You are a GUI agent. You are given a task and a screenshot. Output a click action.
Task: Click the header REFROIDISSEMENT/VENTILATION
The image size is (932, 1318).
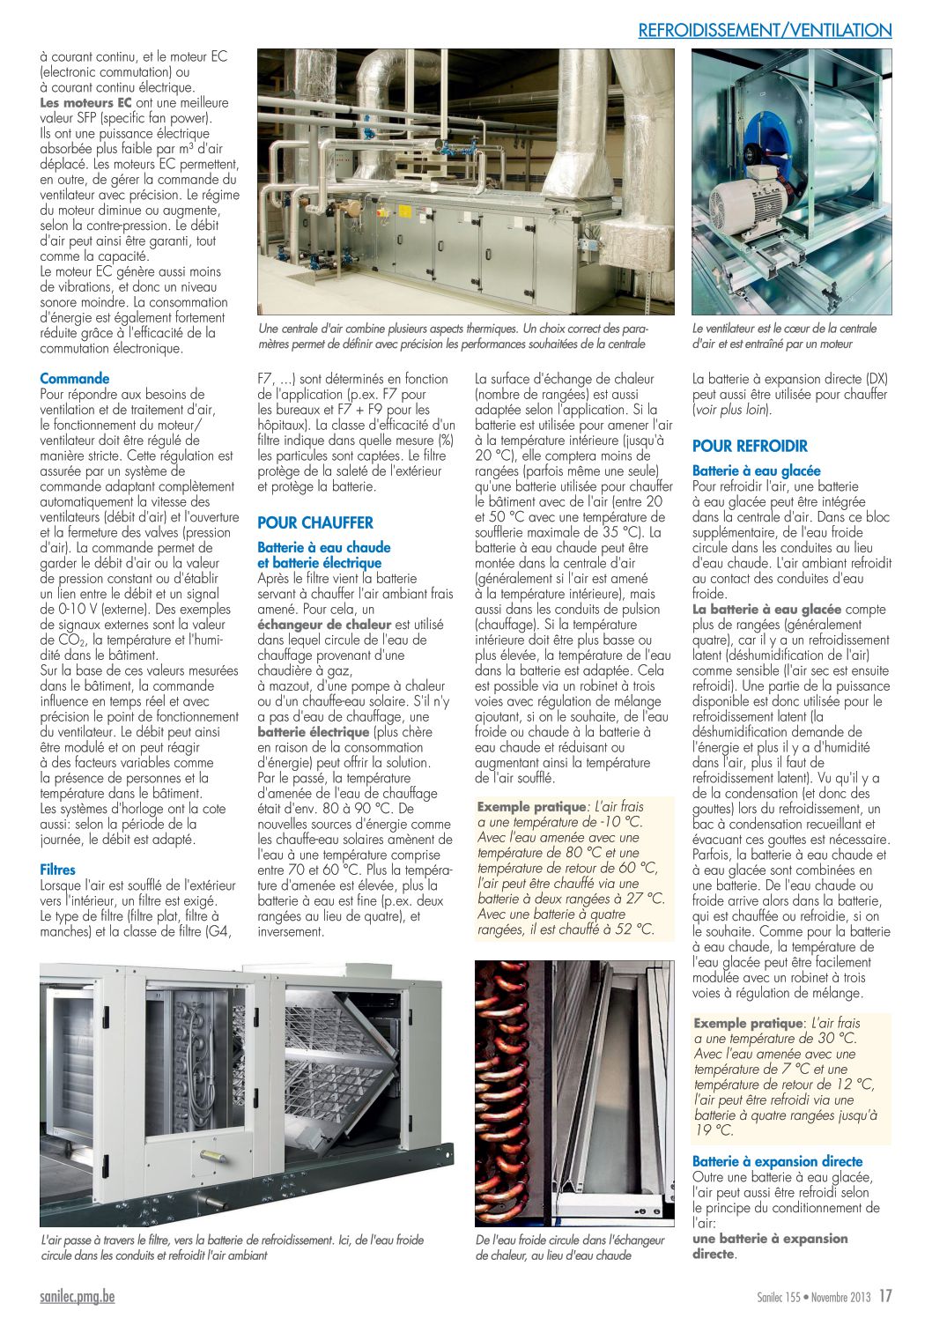pyautogui.click(x=765, y=30)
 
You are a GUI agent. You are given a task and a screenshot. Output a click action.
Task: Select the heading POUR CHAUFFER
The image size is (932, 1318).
pyautogui.click(x=315, y=522)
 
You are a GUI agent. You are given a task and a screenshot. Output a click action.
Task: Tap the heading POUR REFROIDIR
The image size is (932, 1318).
pyautogui.click(x=750, y=446)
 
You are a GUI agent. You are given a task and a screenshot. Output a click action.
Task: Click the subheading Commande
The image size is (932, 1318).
pyautogui.click(x=75, y=379)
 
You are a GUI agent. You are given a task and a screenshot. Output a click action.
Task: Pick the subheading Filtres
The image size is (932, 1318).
pyautogui.click(x=58, y=870)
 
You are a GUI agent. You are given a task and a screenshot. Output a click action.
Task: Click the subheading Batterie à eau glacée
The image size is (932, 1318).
pyautogui.click(x=756, y=471)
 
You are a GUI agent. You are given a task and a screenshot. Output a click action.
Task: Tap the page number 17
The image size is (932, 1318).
pyautogui.click(x=885, y=1296)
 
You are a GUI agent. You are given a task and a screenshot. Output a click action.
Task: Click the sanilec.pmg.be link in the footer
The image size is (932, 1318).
pyautogui.click(x=78, y=1296)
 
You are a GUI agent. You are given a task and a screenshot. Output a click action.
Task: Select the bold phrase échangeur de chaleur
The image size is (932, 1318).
pyautogui.click(x=324, y=625)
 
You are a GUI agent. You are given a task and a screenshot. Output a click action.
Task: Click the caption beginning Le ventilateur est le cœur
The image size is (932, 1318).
pyautogui.click(x=784, y=336)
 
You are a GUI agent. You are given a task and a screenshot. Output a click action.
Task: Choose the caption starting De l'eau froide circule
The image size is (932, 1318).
pyautogui.click(x=570, y=1248)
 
